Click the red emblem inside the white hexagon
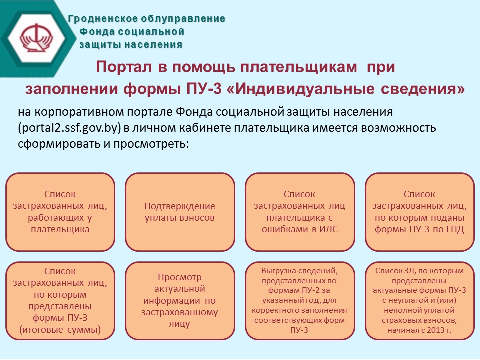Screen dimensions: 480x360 [36, 38]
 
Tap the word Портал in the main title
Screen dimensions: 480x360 [124, 67]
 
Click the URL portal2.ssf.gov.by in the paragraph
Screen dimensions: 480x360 [68, 128]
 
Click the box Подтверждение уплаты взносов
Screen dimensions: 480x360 [180, 212]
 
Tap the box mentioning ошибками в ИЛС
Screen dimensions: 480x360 [300, 212]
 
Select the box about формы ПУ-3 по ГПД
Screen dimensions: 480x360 [419, 212]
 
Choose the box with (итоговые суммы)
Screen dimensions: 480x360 [60, 301]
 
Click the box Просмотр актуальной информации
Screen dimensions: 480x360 [180, 301]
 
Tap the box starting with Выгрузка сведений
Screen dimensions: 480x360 [300, 301]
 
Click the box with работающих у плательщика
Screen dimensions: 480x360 [60, 212]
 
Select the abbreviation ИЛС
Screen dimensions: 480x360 [328, 229]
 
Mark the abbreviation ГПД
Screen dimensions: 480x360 [455, 229]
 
